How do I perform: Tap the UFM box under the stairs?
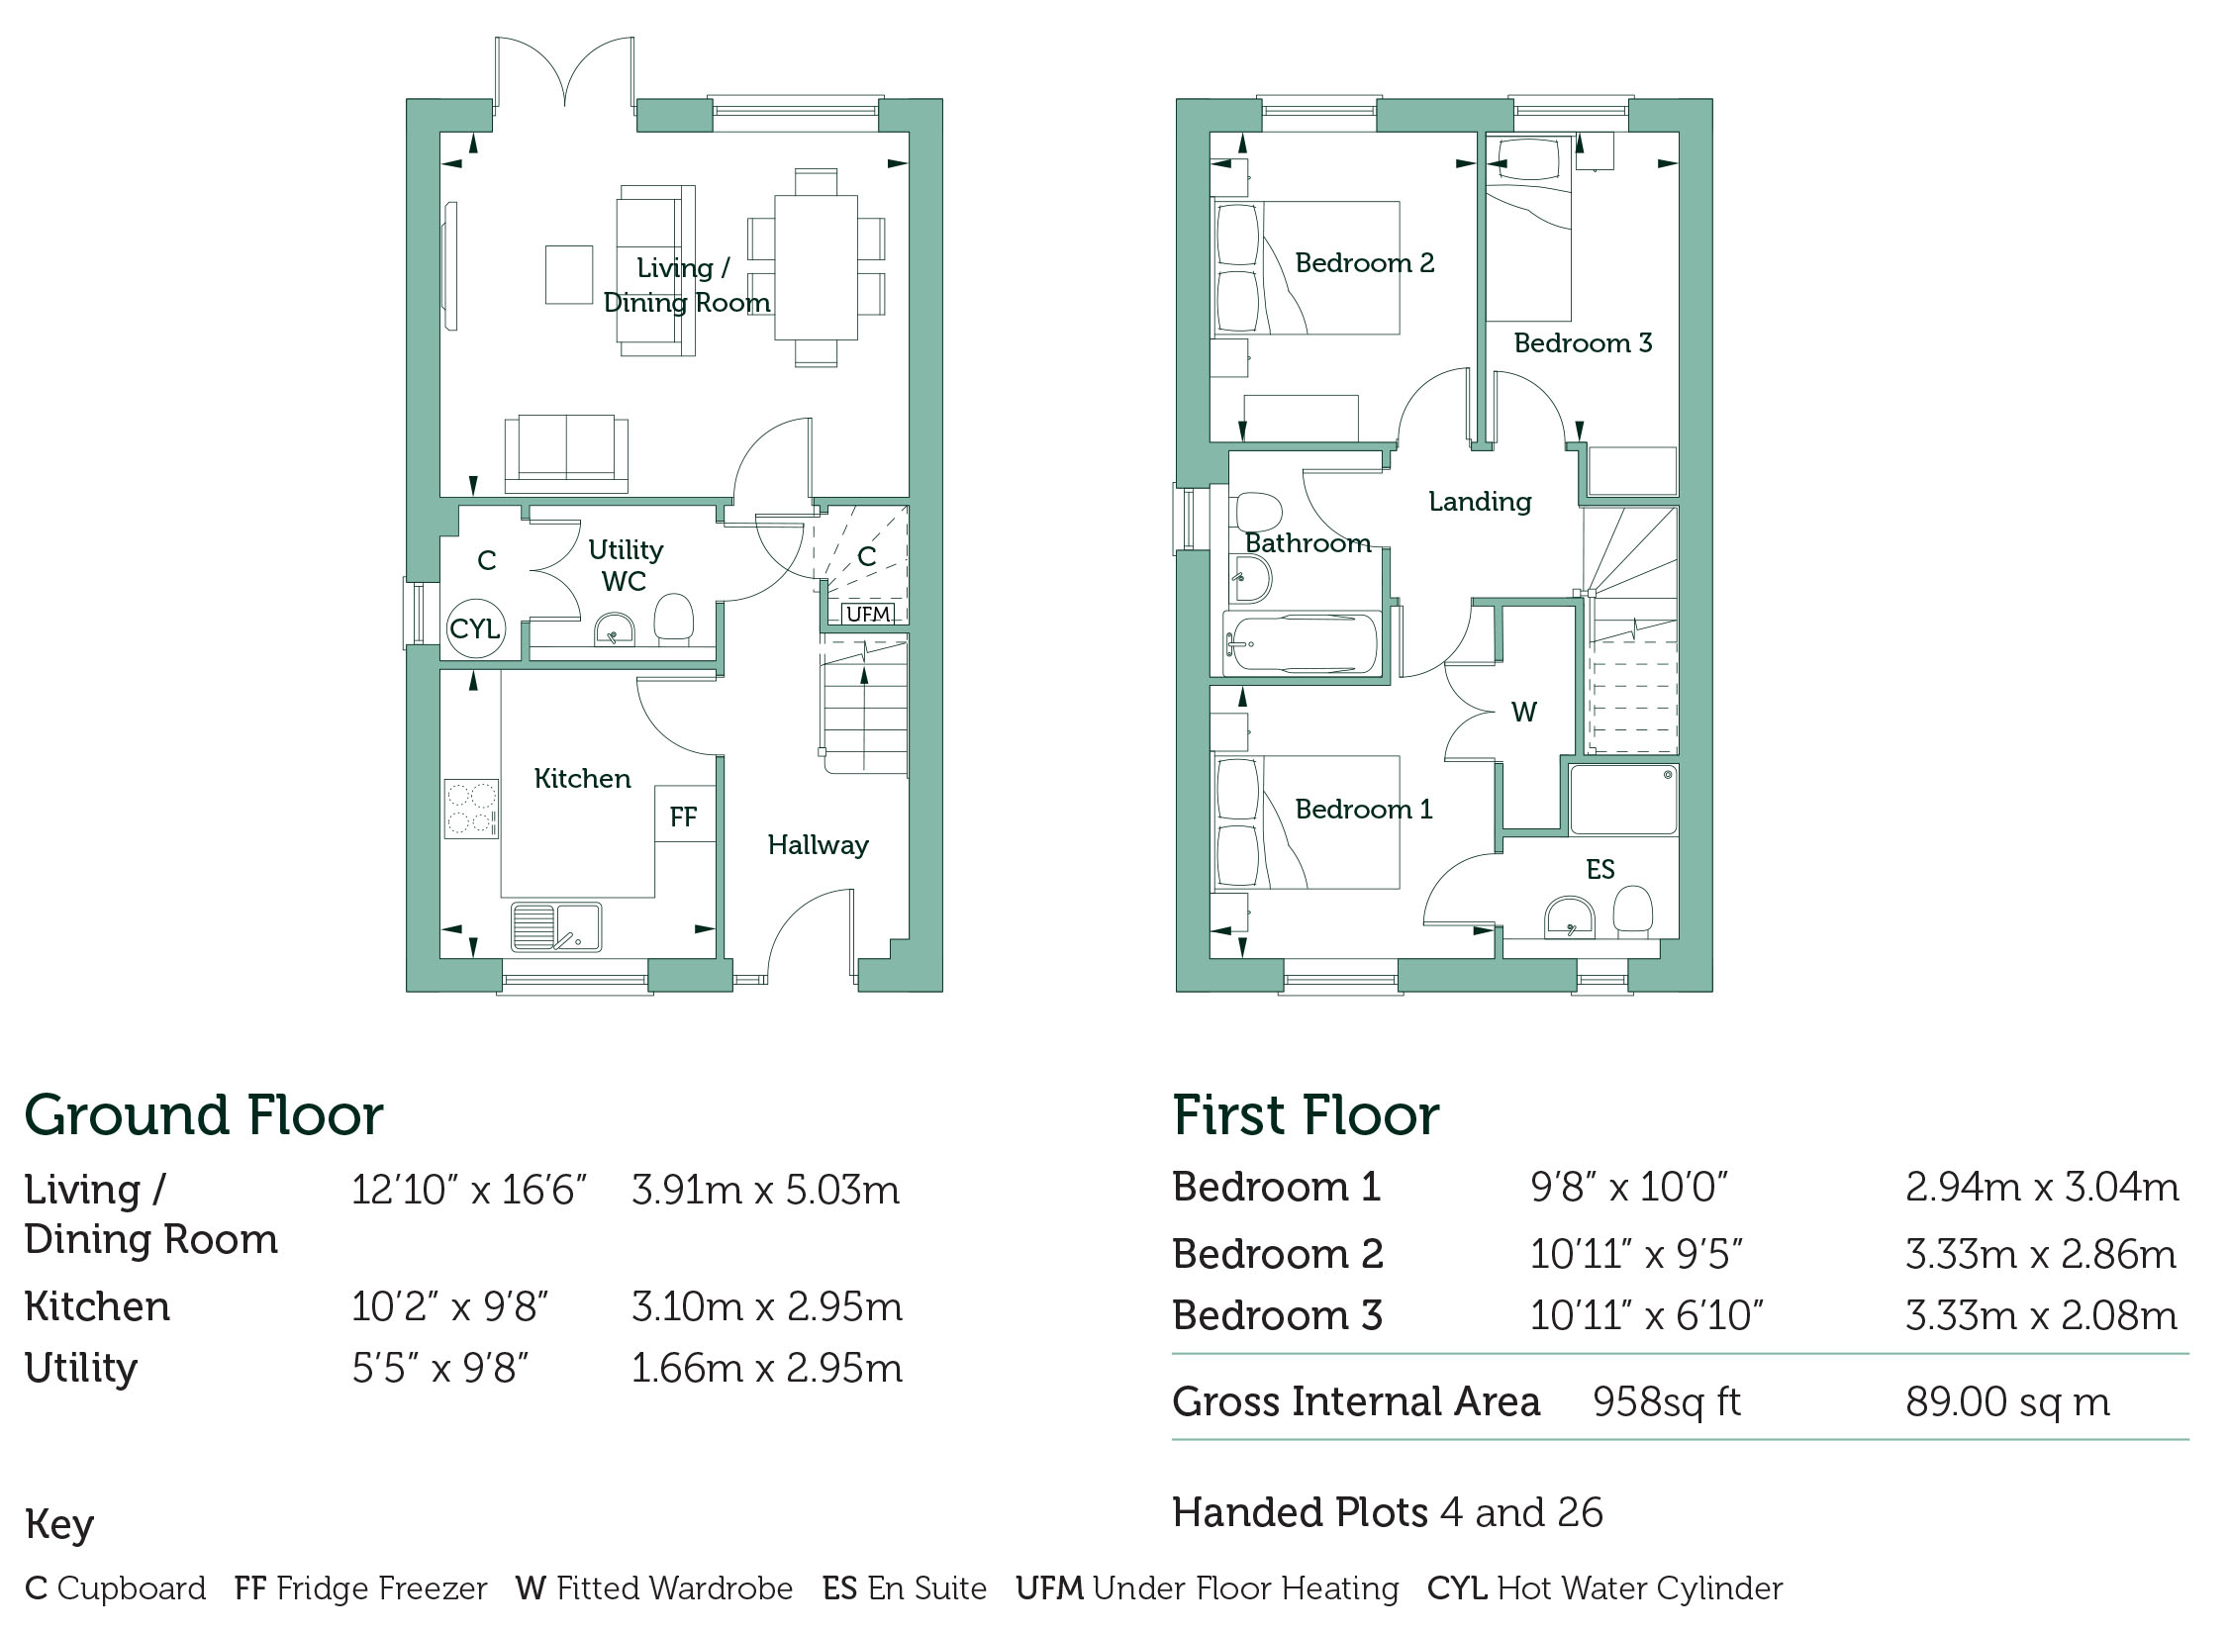[x=868, y=614]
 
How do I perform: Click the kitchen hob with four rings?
[x=471, y=810]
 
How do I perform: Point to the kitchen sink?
[x=556, y=927]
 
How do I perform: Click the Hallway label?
[x=819, y=844]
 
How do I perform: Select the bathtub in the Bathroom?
[x=1302, y=644]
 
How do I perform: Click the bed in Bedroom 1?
[x=1307, y=822]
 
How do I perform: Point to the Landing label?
[x=1480, y=502]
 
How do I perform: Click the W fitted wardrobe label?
[x=1524, y=712]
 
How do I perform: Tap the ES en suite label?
[x=1600, y=869]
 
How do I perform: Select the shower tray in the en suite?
[x=1624, y=799]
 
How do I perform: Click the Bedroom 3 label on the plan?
[x=1584, y=342]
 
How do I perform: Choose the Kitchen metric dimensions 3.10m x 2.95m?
[x=767, y=1307]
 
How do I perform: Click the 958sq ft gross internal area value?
[x=1667, y=1402]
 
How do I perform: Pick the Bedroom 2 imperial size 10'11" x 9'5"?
[x=1636, y=1255]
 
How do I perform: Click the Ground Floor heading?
[x=204, y=1115]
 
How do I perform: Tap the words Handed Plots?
[x=1301, y=1512]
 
